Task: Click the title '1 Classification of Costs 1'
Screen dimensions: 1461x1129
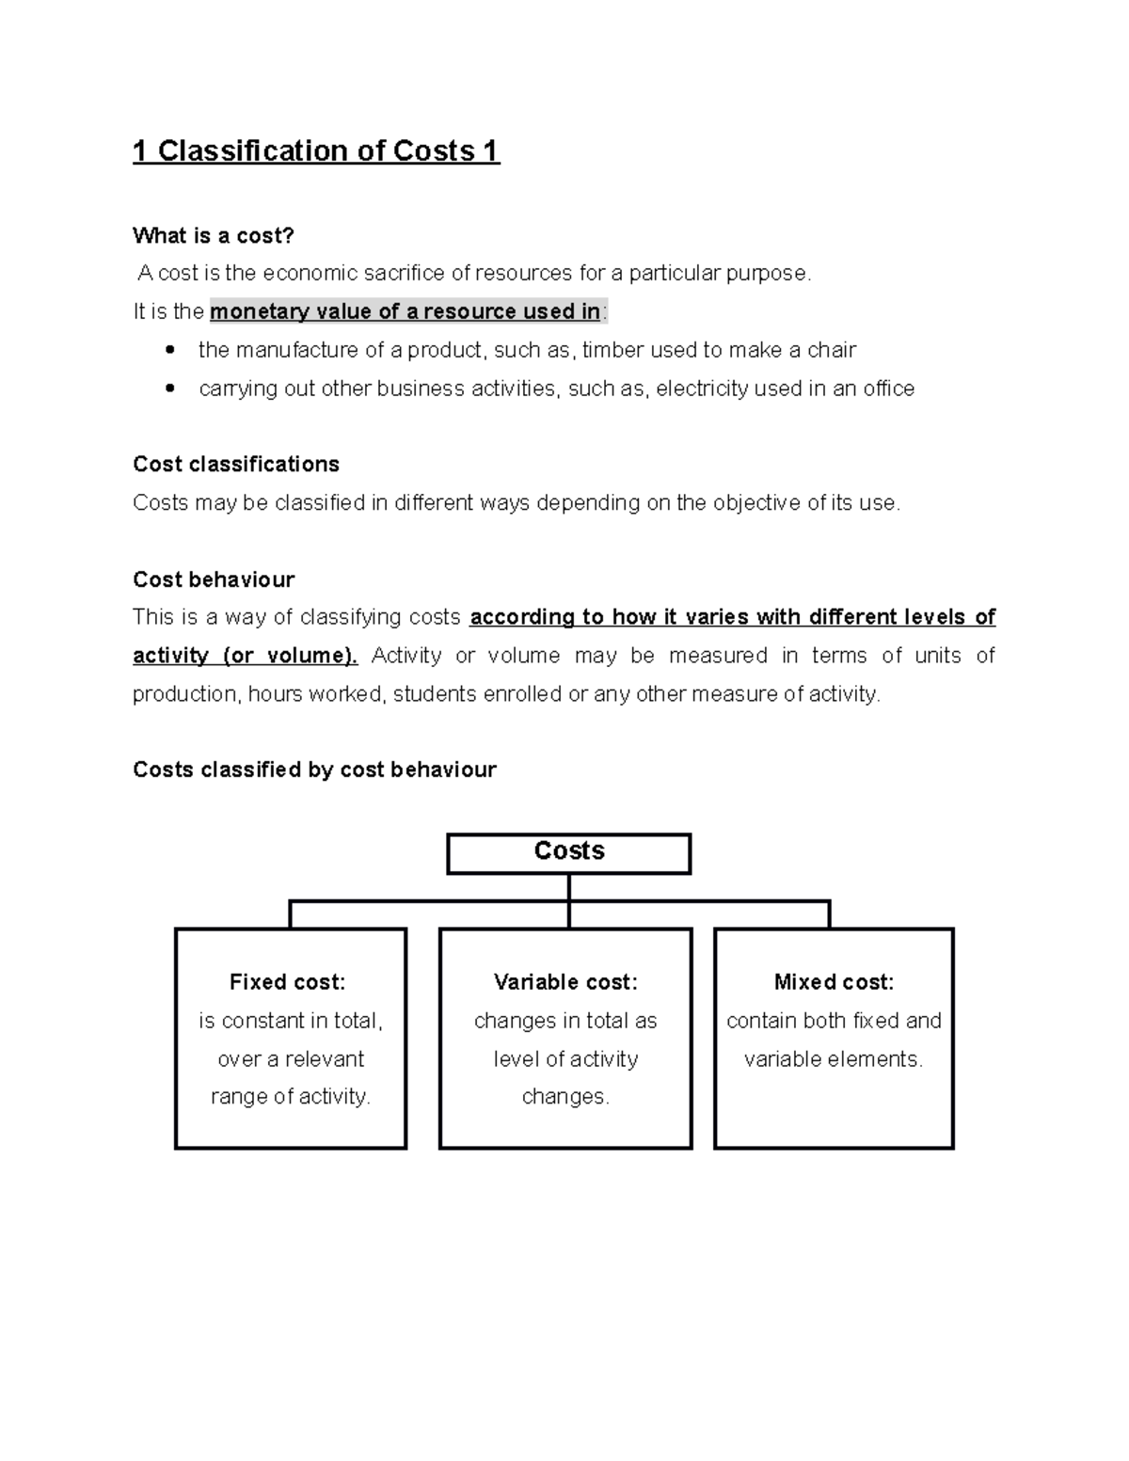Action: pos(316,151)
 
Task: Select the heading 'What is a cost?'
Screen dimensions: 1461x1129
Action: pos(214,235)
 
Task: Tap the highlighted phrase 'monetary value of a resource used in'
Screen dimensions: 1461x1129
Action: pos(405,311)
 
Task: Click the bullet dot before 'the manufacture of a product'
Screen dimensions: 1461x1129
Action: pos(169,350)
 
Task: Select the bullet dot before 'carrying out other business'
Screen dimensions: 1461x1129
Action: pos(169,389)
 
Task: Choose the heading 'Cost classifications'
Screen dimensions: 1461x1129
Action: pos(236,465)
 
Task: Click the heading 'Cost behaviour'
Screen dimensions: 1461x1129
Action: pos(214,580)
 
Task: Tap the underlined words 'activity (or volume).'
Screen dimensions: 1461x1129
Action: pos(246,656)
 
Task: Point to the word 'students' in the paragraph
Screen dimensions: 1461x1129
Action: pos(430,694)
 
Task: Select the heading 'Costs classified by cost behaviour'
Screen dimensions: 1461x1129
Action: pos(314,770)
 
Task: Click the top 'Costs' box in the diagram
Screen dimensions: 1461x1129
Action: pos(569,852)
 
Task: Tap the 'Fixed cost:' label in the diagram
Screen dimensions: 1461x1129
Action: pos(288,982)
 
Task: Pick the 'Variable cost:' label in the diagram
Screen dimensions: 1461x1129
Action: pos(565,982)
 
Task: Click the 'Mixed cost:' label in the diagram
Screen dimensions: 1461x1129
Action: pos(834,982)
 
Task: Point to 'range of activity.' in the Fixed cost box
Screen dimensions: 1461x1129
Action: pos(291,1097)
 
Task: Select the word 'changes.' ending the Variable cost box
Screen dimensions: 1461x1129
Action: pos(565,1097)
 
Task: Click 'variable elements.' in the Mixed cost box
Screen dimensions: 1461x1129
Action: pos(834,1059)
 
